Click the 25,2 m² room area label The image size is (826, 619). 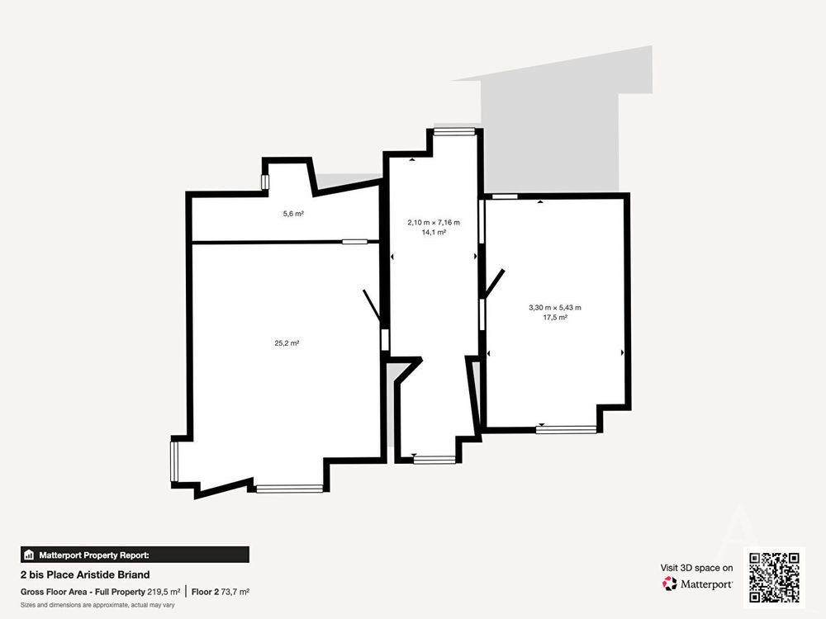tap(287, 343)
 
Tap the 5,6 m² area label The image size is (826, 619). tap(293, 214)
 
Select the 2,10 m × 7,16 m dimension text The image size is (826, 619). tap(434, 223)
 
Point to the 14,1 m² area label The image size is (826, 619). tap(434, 232)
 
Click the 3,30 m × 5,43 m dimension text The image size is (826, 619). tap(555, 307)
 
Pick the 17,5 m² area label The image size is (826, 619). tap(555, 318)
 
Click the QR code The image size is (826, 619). tap(775, 578)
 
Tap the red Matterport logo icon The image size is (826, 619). tap(670, 584)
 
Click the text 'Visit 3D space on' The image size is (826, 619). tap(696, 568)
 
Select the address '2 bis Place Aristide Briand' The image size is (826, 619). tap(85, 574)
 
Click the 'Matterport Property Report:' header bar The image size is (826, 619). tap(135, 555)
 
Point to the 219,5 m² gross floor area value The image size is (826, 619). tap(164, 592)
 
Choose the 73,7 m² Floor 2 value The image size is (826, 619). tap(235, 592)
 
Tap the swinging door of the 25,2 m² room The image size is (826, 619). tap(372, 306)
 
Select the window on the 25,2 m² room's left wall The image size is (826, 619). tap(173, 461)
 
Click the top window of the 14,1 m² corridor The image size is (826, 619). tap(454, 132)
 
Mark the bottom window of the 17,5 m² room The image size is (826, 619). tap(567, 429)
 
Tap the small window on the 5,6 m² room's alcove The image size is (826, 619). tap(265, 182)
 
